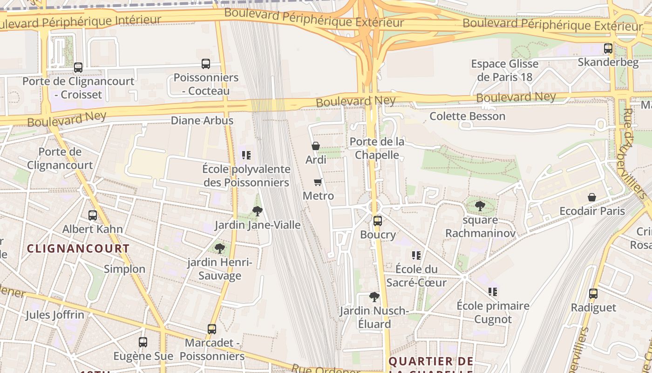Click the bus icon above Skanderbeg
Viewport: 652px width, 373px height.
(x=608, y=48)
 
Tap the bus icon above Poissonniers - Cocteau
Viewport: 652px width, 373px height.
(x=205, y=64)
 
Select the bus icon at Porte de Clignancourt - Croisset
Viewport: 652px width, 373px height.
(x=78, y=68)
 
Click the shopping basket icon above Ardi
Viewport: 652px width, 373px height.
(x=316, y=146)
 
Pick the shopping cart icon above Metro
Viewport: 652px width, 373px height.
(x=318, y=182)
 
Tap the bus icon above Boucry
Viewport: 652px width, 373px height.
(x=378, y=221)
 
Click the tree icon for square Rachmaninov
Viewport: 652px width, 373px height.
(x=480, y=206)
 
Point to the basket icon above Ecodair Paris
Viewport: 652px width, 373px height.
(x=592, y=197)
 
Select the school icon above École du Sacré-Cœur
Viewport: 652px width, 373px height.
(x=416, y=255)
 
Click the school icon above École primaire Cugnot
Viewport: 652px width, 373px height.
(x=493, y=292)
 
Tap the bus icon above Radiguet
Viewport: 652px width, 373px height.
(x=593, y=294)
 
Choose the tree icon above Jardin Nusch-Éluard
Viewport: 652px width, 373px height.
(x=374, y=297)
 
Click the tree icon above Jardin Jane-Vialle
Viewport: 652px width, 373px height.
(x=257, y=211)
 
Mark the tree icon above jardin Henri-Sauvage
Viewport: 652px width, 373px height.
(x=220, y=249)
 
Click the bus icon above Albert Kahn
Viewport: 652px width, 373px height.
(x=93, y=215)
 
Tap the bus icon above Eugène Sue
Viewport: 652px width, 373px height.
(x=143, y=342)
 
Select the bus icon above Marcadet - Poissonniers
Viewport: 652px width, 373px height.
(x=212, y=329)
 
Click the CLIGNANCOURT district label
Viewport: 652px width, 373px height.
(x=78, y=249)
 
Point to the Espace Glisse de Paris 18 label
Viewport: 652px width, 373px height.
(x=504, y=70)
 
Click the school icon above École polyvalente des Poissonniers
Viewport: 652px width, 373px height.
(x=246, y=155)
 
